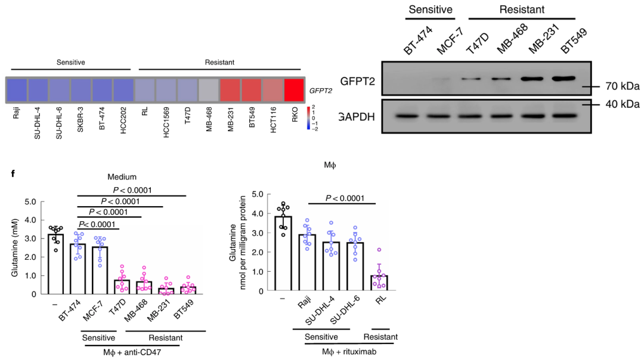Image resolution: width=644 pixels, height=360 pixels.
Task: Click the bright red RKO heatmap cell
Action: coord(294,90)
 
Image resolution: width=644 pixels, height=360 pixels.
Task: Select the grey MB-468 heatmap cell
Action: coord(208,90)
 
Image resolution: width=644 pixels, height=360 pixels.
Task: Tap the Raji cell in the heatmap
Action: coord(17,90)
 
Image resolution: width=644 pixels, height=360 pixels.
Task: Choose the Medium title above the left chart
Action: coord(122,176)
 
